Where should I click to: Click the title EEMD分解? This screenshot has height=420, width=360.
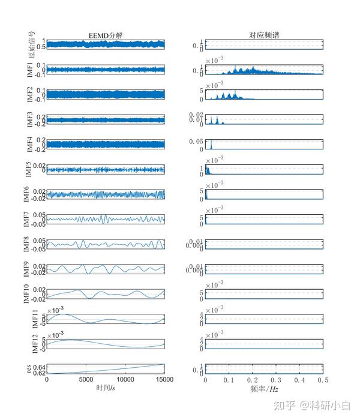[105, 35]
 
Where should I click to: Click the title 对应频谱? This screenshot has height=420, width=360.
[264, 35]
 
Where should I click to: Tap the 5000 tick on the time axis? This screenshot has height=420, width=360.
[86, 380]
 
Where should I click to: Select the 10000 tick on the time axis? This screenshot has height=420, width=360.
[126, 380]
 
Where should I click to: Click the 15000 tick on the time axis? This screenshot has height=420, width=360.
[164, 380]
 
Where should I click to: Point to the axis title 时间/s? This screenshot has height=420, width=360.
[106, 388]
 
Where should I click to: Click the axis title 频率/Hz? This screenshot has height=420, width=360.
[265, 388]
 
